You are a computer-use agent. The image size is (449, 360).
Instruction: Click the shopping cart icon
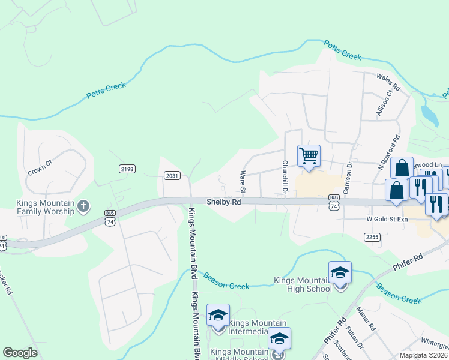point(309,156)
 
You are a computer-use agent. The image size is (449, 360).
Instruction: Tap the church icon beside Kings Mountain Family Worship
point(83,206)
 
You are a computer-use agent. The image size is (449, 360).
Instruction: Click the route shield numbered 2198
point(127,169)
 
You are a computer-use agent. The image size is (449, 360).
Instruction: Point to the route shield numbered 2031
point(172,175)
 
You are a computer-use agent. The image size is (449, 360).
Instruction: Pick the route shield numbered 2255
point(372,237)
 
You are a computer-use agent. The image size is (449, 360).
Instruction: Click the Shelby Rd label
point(224,203)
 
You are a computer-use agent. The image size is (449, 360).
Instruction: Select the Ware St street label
point(243,182)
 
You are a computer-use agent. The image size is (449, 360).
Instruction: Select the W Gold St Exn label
point(387,220)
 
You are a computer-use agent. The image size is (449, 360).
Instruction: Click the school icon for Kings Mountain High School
point(340,274)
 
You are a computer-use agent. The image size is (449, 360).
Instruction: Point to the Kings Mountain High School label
point(303,284)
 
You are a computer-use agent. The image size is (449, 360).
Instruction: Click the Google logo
point(20,353)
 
